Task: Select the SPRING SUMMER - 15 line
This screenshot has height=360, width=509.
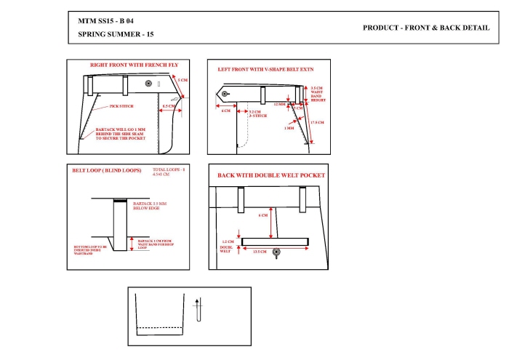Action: click(x=116, y=34)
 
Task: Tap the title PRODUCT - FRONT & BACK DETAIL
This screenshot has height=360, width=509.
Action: click(x=425, y=27)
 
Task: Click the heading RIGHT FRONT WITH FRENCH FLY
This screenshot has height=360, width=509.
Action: click(x=134, y=65)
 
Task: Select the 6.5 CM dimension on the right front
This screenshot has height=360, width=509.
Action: click(x=167, y=106)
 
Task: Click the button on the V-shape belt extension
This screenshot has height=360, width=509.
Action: click(x=225, y=94)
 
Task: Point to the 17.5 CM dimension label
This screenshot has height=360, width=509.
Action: click(x=316, y=122)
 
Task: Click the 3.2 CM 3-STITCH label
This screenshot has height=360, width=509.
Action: click(x=255, y=113)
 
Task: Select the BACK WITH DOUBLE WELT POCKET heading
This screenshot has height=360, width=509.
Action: click(x=270, y=175)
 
